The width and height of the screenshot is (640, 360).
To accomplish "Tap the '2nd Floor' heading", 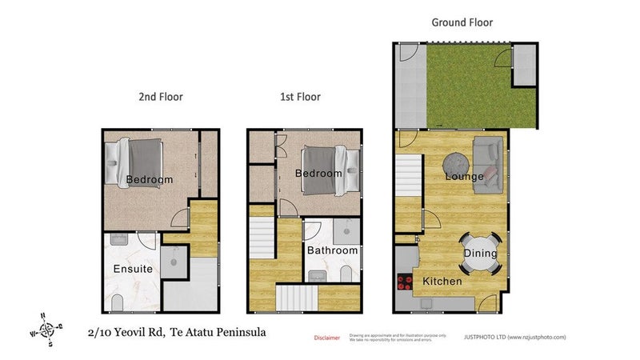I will [161, 97].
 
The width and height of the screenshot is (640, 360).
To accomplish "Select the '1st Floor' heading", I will [300, 97].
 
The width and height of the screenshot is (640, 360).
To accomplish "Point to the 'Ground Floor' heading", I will [462, 22].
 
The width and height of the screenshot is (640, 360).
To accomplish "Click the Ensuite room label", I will [133, 270].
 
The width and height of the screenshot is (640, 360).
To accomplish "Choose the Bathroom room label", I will [333, 250].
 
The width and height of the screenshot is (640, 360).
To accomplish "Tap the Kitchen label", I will [442, 282].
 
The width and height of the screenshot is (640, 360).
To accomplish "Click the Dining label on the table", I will [481, 254].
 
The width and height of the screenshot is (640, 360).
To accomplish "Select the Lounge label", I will [464, 176].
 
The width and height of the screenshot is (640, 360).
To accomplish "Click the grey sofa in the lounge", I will [488, 165].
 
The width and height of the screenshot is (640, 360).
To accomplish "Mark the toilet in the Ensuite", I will [118, 302].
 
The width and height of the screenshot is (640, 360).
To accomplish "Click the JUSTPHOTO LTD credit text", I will [514, 338].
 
